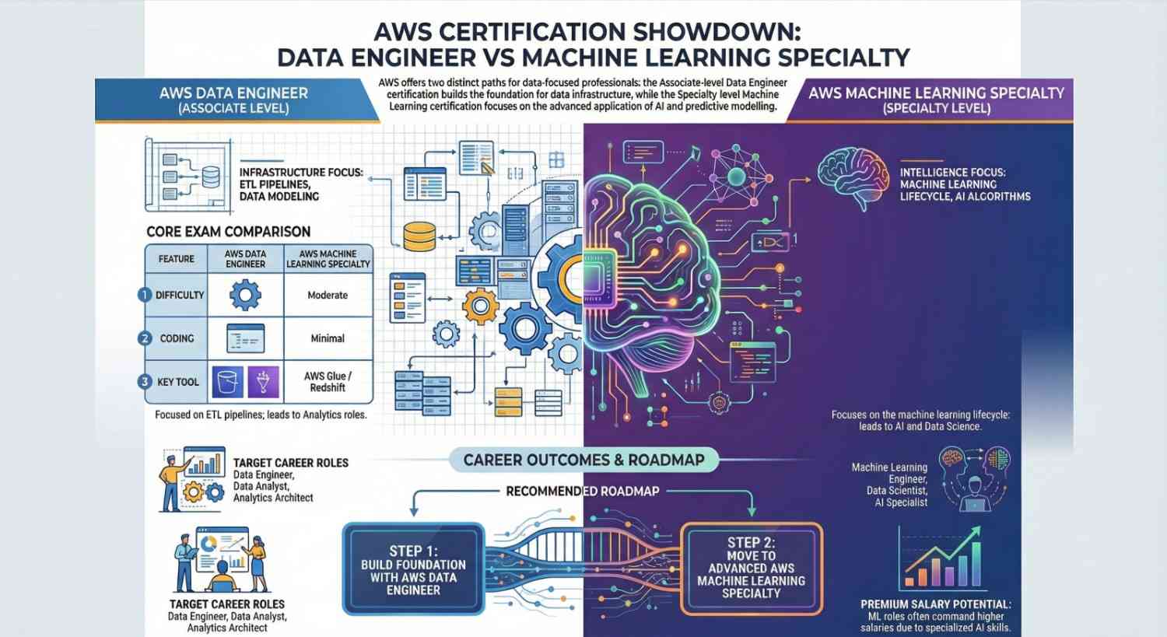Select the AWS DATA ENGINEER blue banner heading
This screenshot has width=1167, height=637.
pos(233,93)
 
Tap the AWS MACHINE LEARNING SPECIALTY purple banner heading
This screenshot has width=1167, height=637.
pos(936,93)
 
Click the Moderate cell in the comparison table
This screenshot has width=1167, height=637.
pos(328,296)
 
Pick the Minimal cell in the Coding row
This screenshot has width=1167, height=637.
pos(328,338)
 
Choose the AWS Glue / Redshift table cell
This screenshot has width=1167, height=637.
pos(328,382)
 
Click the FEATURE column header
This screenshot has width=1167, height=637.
pos(177,259)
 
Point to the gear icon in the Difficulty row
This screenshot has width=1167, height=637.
pos(245,296)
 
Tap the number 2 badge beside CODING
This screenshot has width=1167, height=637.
pos(145,338)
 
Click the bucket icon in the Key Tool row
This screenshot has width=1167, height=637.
pos(228,382)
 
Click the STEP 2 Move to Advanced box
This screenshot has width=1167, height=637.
pos(751,568)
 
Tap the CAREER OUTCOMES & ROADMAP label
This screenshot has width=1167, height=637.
pos(583,460)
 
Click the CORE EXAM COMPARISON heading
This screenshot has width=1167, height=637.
pos(229,232)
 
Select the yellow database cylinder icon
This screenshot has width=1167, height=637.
pos(420,236)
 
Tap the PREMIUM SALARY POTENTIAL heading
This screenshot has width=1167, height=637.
pos(936,604)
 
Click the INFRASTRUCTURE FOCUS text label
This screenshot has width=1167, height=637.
pos(300,173)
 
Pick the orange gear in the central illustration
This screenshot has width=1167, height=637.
pos(480,306)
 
